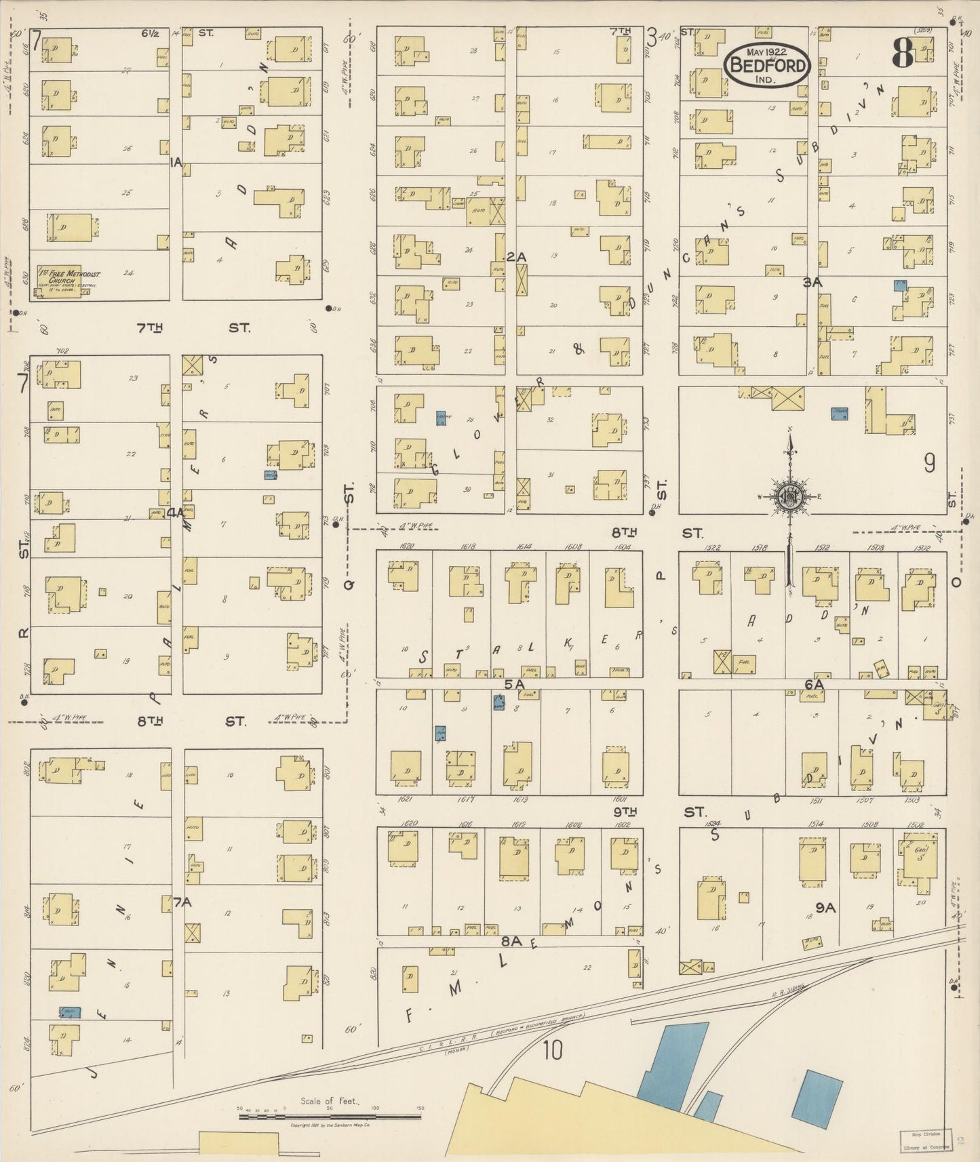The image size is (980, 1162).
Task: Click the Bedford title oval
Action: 767,65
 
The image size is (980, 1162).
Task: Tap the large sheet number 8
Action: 903,52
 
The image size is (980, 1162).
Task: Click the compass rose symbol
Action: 790,495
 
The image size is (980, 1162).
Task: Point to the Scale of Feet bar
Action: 330,1115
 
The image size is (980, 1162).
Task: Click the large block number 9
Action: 929,462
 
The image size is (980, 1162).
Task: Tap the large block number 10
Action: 553,1051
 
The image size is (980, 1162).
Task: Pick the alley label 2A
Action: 517,257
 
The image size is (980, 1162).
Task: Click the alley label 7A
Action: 182,902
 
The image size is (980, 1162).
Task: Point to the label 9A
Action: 825,906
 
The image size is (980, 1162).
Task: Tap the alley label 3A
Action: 812,282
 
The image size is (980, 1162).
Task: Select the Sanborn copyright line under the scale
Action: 330,1125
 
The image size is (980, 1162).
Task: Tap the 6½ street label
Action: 151,33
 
